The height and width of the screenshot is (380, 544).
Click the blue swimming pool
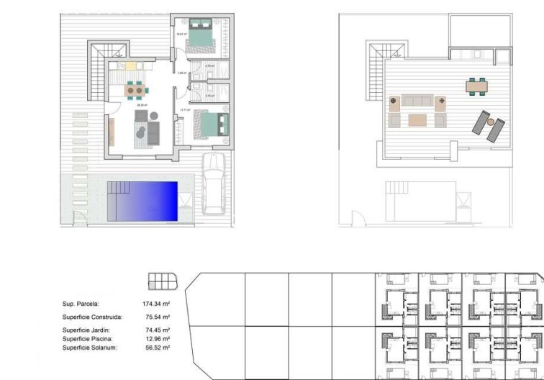point(142,201)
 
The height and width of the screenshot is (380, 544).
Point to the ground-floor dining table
point(135,91)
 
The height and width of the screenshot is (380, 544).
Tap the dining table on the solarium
point(476,86)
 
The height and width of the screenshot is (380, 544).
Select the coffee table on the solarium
point(418,119)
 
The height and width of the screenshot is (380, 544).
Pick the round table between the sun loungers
point(491,123)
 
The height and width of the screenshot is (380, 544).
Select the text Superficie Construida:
point(92,317)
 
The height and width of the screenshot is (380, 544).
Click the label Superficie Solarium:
point(89,348)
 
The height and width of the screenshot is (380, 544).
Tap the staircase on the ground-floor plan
point(104,65)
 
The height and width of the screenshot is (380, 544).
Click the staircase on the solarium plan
point(377,72)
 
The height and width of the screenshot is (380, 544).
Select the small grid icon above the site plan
point(162,281)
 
